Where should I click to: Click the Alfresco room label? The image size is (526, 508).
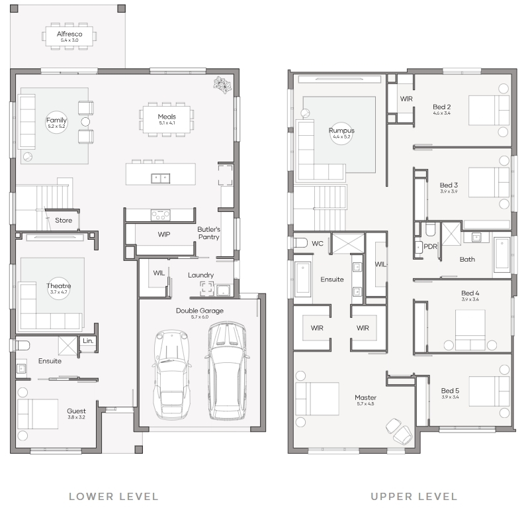click(69, 34)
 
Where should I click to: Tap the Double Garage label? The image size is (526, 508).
click(200, 311)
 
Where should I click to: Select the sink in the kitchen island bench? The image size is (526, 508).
click(160, 178)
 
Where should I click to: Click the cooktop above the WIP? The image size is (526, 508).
click(160, 215)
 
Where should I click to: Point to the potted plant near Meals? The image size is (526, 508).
click(222, 84)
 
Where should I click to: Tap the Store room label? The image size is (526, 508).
click(64, 221)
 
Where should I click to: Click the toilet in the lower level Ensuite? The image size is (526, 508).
click(22, 345)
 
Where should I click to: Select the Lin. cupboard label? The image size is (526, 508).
click(88, 340)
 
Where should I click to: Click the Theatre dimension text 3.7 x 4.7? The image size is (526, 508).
click(59, 292)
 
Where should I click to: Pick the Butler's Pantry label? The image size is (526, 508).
click(208, 233)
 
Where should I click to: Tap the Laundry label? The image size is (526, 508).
click(200, 275)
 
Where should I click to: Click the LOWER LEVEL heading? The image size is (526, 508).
click(113, 497)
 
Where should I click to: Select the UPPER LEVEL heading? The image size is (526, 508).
click(414, 497)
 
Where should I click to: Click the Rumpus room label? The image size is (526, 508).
click(341, 130)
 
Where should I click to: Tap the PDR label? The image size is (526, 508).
click(431, 246)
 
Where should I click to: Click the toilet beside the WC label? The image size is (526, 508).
click(300, 243)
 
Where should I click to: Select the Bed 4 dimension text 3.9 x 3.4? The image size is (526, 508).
click(470, 299)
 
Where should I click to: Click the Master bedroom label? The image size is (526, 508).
click(365, 397)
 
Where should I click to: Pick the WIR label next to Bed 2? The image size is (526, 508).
click(406, 99)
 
